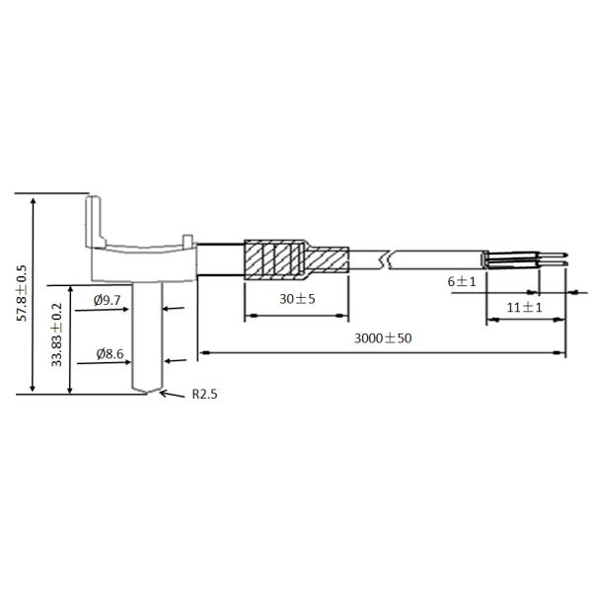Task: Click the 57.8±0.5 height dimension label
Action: coord(22,293)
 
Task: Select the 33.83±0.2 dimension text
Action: coord(56,334)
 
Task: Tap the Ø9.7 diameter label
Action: coord(108,300)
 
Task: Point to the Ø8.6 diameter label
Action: coord(110,354)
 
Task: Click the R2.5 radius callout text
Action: coord(204,394)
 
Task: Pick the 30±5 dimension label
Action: coord(297,299)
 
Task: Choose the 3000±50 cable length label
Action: coord(383,337)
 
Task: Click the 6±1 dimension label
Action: coord(462,281)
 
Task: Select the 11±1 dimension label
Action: coord(524,307)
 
